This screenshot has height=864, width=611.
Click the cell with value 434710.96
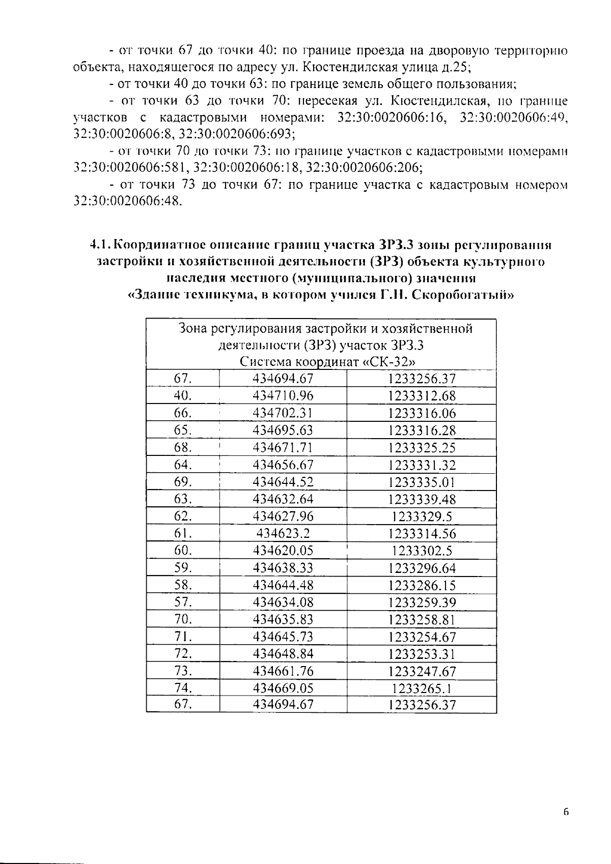point(283,396)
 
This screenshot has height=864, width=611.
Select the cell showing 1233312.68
point(422,396)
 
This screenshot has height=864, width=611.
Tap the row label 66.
point(183,413)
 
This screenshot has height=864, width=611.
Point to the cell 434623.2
point(283,533)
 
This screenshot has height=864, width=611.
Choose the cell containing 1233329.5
point(422,516)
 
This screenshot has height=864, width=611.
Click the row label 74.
point(183,688)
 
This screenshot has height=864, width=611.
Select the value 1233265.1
point(422,688)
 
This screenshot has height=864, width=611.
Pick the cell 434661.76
point(283,671)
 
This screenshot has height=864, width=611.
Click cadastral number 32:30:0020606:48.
point(127,201)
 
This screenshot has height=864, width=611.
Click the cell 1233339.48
point(422,499)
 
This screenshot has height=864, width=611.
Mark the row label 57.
point(183,602)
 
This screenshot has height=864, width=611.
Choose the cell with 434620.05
point(283,551)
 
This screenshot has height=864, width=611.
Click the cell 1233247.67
point(422,671)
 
